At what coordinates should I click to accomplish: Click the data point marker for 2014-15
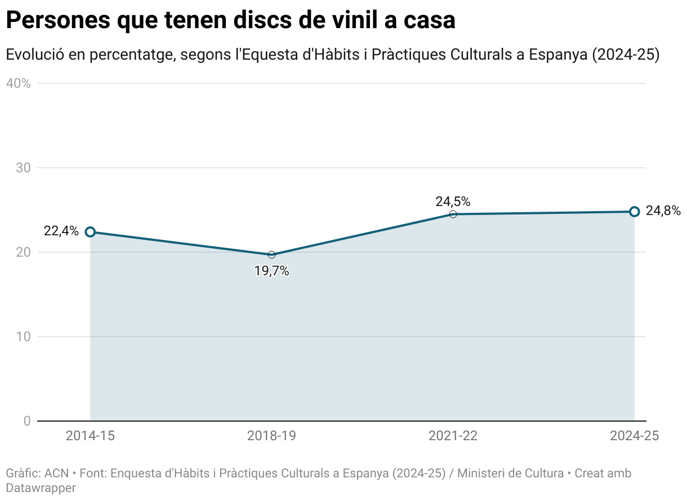(x=90, y=232)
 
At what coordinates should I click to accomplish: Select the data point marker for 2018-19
(x=271, y=255)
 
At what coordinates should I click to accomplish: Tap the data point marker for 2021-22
(x=453, y=214)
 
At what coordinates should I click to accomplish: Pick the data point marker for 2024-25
(x=634, y=212)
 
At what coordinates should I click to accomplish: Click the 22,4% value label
(x=61, y=231)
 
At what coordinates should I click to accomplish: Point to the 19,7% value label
(x=271, y=271)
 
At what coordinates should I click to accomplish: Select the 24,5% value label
(x=453, y=202)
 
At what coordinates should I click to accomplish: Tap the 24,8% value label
(x=663, y=211)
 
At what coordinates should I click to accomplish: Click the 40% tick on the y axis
(x=18, y=83)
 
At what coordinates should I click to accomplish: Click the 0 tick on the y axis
(x=26, y=421)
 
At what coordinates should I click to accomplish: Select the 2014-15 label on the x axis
(x=90, y=436)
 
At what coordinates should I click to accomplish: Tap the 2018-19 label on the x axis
(x=271, y=436)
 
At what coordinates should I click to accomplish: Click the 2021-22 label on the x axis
(x=453, y=436)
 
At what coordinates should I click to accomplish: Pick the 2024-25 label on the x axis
(x=634, y=436)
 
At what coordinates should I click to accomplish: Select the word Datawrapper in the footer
(x=41, y=487)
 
